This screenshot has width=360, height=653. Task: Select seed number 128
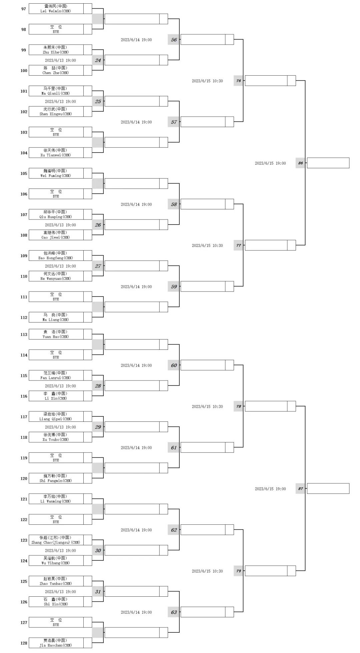click(24, 643)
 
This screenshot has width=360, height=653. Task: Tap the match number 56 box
click(174, 40)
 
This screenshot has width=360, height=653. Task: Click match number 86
click(300, 163)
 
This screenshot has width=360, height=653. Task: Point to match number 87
click(300, 488)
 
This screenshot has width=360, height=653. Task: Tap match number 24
click(98, 60)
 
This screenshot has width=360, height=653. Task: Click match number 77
click(238, 245)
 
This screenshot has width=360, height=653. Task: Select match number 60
click(174, 365)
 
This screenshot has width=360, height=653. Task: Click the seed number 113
click(24, 334)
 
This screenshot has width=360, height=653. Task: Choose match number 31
click(98, 591)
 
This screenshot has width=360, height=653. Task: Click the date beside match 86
click(270, 163)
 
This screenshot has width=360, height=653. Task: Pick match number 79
click(238, 571)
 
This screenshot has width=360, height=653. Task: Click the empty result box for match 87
click(328, 488)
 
